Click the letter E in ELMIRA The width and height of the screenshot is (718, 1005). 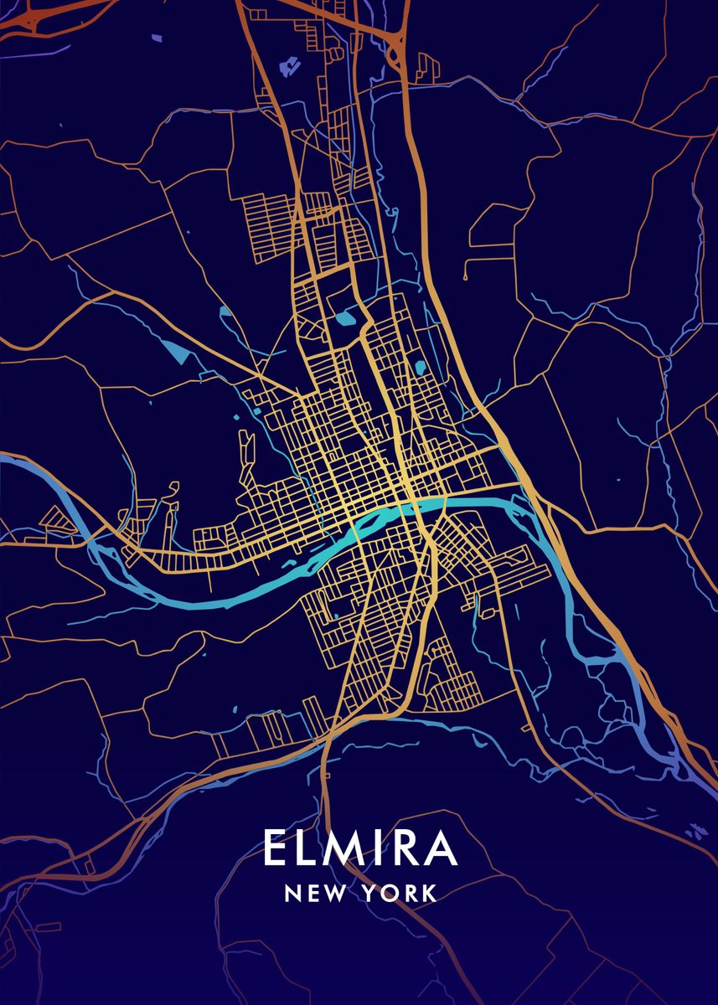click(x=276, y=848)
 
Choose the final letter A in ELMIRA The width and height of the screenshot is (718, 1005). click(x=441, y=848)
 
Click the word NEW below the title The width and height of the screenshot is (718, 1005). click(x=312, y=894)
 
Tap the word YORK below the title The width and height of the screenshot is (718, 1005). click(x=399, y=894)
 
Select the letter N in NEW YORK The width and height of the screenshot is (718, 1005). click(x=292, y=894)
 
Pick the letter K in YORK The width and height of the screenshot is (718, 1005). click(x=429, y=894)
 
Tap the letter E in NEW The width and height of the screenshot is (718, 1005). click(x=311, y=894)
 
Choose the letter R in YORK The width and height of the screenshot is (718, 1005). click(x=409, y=894)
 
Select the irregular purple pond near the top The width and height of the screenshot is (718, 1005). click(x=291, y=64)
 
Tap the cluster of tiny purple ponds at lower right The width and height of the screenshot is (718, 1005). click(x=695, y=831)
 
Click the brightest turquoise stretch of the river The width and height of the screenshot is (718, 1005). click(x=394, y=513)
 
